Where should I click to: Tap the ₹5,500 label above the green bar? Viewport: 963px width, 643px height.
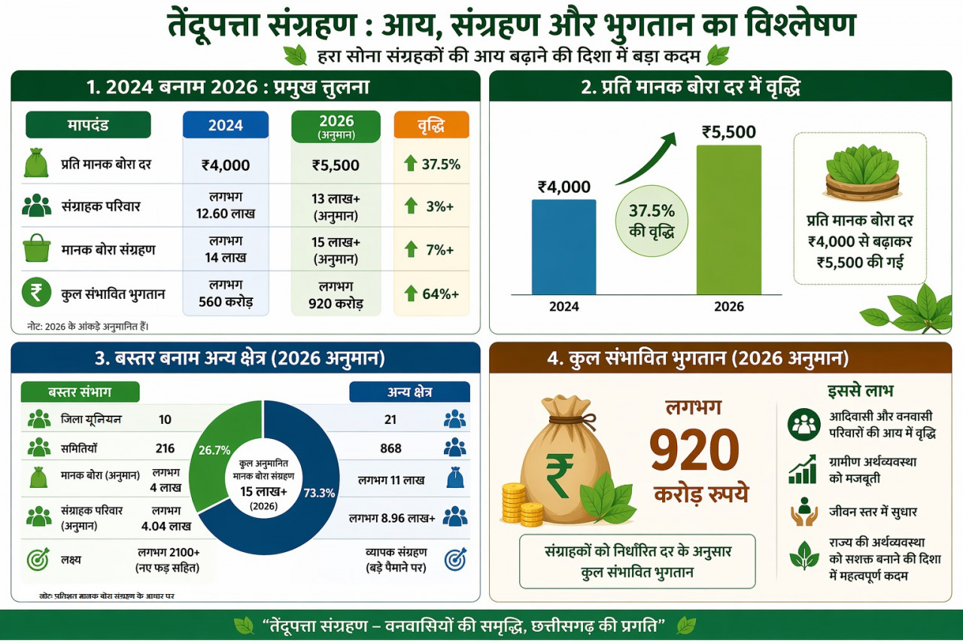coord(728,133)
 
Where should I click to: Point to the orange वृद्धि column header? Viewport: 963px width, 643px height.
coord(431,125)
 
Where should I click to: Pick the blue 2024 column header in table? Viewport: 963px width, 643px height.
coord(225,125)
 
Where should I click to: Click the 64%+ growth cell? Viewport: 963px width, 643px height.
coord(431,294)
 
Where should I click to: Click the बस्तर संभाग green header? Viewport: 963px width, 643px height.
coord(80,392)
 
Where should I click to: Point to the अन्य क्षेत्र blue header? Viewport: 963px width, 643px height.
coord(409,392)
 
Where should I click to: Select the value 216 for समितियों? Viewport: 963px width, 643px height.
coord(165,448)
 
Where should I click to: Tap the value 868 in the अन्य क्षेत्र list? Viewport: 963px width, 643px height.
coord(390,448)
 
